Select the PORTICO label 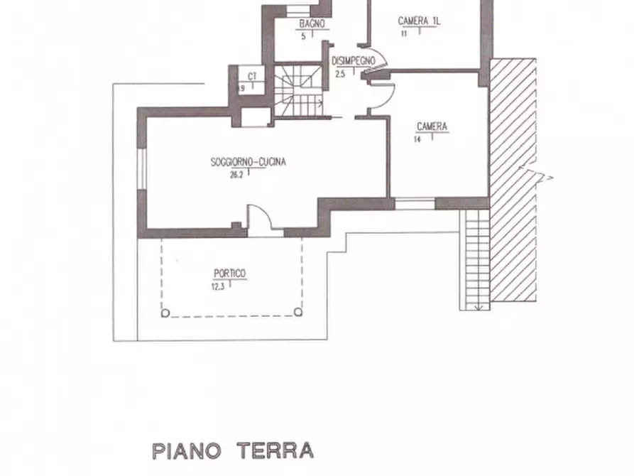click(229, 273)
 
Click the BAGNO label click(312, 23)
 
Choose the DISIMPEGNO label click(353, 61)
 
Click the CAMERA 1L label click(419, 21)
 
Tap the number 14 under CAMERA click(417, 140)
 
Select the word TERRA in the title click(275, 450)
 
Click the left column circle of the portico click(165, 312)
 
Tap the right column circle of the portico click(298, 312)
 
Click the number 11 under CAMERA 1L click(403, 33)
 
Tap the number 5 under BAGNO click(303, 36)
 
